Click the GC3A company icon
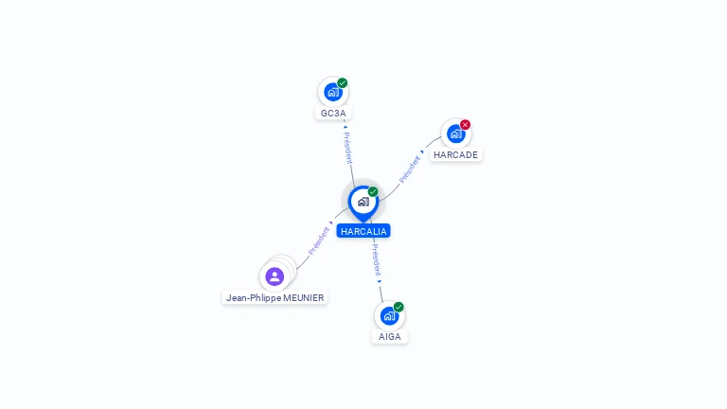click(333, 92)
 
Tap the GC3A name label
click(333, 114)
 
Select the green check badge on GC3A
click(342, 83)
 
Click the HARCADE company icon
click(455, 133)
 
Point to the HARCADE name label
click(455, 155)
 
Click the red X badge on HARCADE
click(465, 124)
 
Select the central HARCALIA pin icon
click(363, 204)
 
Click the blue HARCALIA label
click(363, 231)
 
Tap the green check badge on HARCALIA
click(373, 191)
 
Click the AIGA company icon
click(389, 316)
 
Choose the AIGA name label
click(389, 337)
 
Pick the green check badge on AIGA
click(399, 307)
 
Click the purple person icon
click(275, 276)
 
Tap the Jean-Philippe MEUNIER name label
click(275, 297)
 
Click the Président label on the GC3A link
click(348, 148)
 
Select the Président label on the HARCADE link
click(410, 169)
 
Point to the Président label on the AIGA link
click(376, 260)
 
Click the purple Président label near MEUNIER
click(319, 241)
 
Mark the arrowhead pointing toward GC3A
click(345, 127)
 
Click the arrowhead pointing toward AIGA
click(380, 281)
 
